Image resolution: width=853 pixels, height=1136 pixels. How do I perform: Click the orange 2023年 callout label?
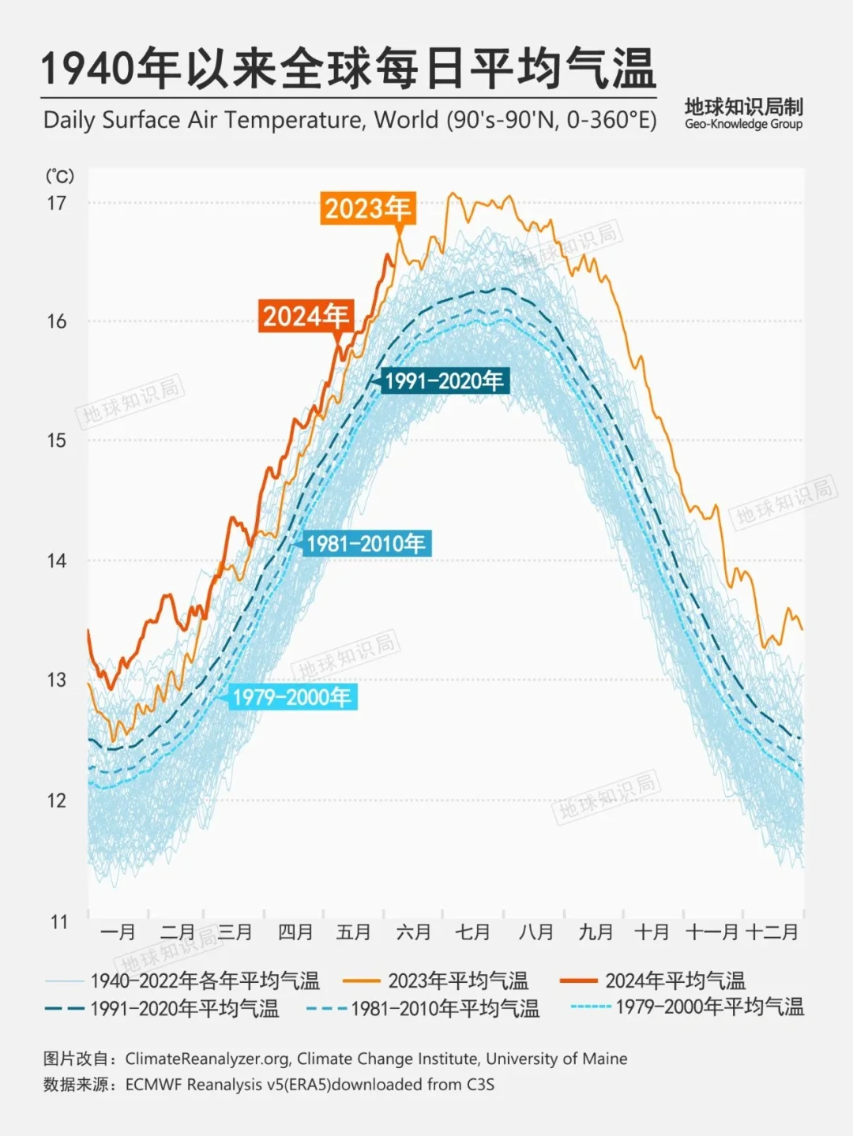point(367,208)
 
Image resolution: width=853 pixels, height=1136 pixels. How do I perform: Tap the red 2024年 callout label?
point(306,316)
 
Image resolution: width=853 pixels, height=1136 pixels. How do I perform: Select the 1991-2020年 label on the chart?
point(444,381)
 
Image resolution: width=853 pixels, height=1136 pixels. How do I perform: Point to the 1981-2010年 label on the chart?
point(366,543)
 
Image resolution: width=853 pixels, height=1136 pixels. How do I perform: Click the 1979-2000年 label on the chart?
point(291,697)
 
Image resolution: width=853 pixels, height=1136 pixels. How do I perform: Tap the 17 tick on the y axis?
point(56,203)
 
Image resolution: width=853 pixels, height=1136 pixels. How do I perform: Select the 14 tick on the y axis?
point(56,561)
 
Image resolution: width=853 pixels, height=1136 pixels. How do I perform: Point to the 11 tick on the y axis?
point(59,921)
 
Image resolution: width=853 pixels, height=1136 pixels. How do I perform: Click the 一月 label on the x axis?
point(118,932)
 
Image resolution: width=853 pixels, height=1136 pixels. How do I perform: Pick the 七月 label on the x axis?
point(472,932)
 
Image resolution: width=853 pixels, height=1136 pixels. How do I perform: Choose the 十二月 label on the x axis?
point(772,932)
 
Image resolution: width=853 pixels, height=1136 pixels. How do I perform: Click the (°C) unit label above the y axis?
point(59,175)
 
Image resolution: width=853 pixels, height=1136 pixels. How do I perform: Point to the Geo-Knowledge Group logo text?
point(743,124)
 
